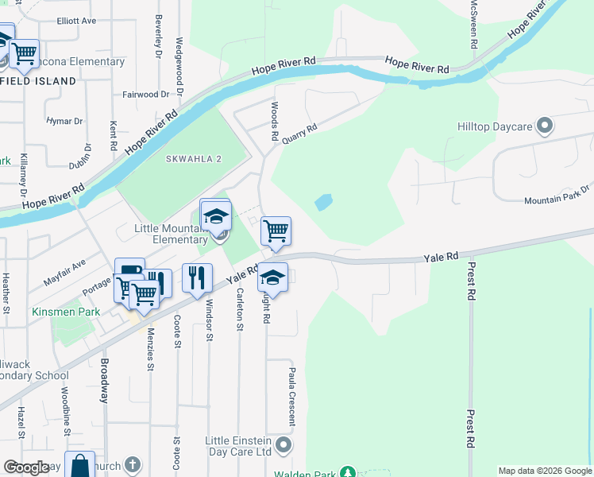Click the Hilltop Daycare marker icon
[545, 126]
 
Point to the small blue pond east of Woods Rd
[323, 202]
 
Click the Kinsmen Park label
[66, 312]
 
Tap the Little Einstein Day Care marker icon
[285, 442]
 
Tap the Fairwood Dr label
[146, 95]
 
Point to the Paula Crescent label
[292, 395]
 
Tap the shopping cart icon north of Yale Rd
[276, 231]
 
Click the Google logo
[26, 467]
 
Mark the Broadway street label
[103, 381]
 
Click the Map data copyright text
[544, 471]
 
